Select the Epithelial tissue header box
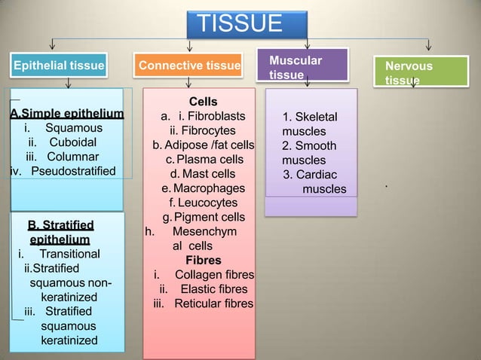tap(57, 66)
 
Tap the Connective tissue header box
tap(189, 66)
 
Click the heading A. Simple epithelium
tap(66, 114)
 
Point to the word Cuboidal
tap(72, 142)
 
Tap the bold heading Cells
tap(203, 102)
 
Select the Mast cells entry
tap(207, 174)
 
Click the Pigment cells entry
tap(209, 217)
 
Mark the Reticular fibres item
tap(213, 304)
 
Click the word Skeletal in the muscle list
tap(314, 117)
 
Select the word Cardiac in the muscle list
tap(316, 175)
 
